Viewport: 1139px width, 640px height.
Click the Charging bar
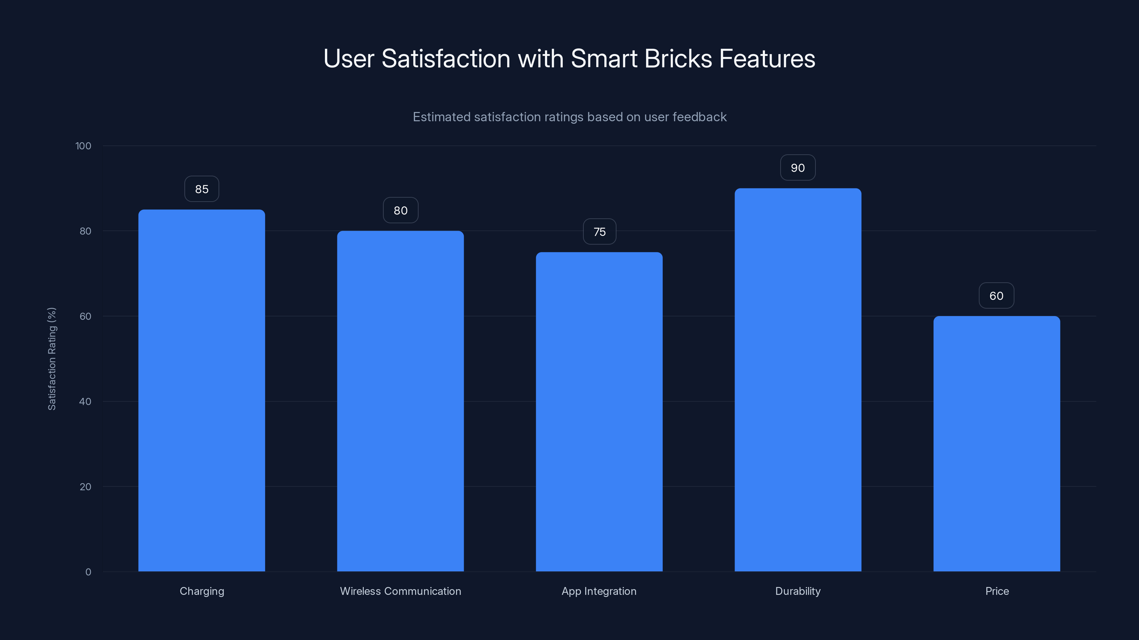click(201, 390)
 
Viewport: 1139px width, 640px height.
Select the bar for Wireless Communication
click(400, 401)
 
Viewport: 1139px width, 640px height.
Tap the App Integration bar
click(599, 412)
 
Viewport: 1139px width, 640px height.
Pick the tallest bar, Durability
click(798, 380)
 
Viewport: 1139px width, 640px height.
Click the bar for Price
click(997, 443)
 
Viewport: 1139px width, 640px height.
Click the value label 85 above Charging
click(201, 189)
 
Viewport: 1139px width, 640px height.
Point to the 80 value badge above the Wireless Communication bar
click(400, 210)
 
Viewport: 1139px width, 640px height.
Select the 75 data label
click(599, 231)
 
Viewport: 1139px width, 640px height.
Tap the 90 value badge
click(798, 168)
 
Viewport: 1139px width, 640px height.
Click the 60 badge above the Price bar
click(996, 295)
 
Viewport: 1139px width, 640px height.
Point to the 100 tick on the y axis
click(83, 146)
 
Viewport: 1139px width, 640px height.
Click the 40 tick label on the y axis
click(85, 401)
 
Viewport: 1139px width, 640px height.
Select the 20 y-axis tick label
click(85, 487)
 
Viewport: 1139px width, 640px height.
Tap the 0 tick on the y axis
click(88, 572)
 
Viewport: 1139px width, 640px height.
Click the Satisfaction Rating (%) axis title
click(52, 359)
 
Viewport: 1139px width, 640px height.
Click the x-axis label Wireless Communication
click(400, 591)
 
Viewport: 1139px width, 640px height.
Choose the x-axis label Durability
click(798, 591)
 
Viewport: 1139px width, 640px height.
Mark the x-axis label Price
click(997, 591)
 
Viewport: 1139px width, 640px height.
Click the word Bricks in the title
click(678, 58)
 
